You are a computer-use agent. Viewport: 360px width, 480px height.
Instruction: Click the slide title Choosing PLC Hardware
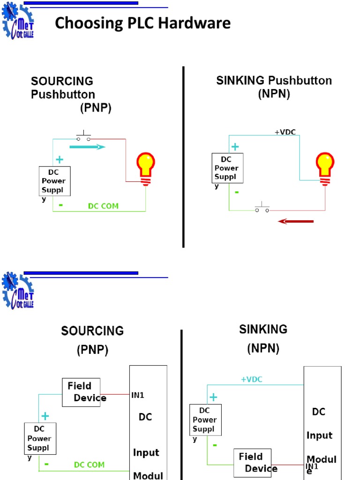142,23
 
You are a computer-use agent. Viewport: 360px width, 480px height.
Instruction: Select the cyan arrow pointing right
87,147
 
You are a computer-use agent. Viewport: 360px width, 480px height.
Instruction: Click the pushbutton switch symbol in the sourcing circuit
84,137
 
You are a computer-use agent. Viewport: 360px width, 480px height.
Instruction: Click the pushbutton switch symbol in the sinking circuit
262,208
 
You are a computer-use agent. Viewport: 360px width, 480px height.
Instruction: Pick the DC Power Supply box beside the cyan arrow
55,181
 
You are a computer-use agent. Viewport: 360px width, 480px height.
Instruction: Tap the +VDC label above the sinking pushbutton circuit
285,132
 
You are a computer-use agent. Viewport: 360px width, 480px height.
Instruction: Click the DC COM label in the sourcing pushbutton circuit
103,206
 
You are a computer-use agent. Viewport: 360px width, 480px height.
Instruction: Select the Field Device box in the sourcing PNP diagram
81,392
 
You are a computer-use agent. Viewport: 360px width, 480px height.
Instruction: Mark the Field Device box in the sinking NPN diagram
253,462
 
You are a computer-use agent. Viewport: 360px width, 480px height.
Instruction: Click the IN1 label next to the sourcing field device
137,395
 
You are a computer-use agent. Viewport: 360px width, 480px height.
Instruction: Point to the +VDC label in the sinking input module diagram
252,380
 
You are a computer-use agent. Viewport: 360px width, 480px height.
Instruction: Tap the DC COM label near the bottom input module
89,465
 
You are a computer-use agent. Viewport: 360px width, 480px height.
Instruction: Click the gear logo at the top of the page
18,22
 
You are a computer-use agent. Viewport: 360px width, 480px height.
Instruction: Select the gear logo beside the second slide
18,291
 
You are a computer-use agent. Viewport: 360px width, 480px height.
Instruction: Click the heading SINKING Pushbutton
274,81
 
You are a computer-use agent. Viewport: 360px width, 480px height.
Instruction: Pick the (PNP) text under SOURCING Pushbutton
96,108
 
